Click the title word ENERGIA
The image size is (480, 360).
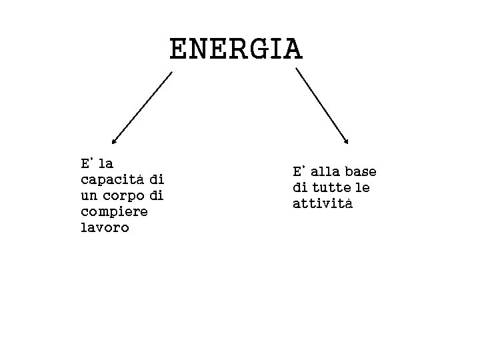[x=236, y=49]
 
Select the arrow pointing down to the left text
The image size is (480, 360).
[x=141, y=108]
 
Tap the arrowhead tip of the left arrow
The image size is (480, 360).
[x=113, y=143]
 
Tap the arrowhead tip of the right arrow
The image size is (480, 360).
[x=347, y=143]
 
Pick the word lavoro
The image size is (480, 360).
[x=105, y=228]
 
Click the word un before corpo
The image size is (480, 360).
[x=88, y=196]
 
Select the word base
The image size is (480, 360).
[x=362, y=171]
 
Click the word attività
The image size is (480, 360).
[x=322, y=203]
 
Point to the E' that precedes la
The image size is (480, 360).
[x=86, y=163]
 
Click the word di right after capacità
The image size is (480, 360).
[x=157, y=180]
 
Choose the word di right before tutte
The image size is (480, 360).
[x=299, y=187]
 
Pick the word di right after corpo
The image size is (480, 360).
[x=157, y=196]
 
